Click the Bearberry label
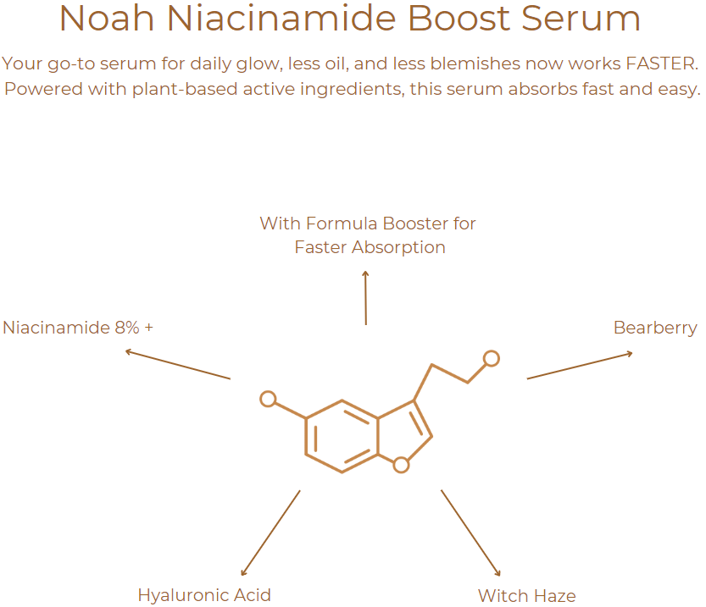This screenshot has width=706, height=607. (x=655, y=328)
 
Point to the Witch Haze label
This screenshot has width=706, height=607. (x=526, y=596)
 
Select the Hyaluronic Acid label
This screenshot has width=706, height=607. (x=204, y=595)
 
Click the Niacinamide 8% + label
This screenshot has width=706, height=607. (x=78, y=328)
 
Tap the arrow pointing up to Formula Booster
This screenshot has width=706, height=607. (x=365, y=297)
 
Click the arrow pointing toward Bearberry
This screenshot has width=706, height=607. (x=580, y=366)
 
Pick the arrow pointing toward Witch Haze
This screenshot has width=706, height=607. (x=470, y=533)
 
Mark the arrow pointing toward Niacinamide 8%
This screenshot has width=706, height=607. (x=177, y=364)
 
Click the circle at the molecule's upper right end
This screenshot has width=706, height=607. (x=491, y=358)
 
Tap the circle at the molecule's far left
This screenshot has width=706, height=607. (x=268, y=398)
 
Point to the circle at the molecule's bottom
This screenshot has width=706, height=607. (x=402, y=464)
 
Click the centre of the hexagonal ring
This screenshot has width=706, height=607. (x=342, y=436)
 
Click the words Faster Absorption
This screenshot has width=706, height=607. (x=370, y=247)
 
